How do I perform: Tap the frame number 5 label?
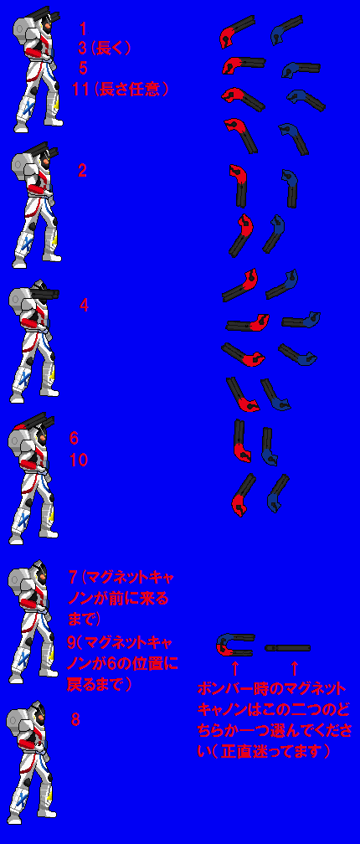83,68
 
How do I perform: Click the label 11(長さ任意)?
121,89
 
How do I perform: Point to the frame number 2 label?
82,172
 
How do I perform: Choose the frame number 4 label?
84,306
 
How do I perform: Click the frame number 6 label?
74,439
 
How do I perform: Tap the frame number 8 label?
75,720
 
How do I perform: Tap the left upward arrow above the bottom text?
234,668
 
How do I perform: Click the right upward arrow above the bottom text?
293,668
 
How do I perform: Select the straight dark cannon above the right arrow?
287,648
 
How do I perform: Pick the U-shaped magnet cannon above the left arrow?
234,644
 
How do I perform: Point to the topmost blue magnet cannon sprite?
286,30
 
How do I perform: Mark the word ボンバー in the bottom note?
221,689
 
